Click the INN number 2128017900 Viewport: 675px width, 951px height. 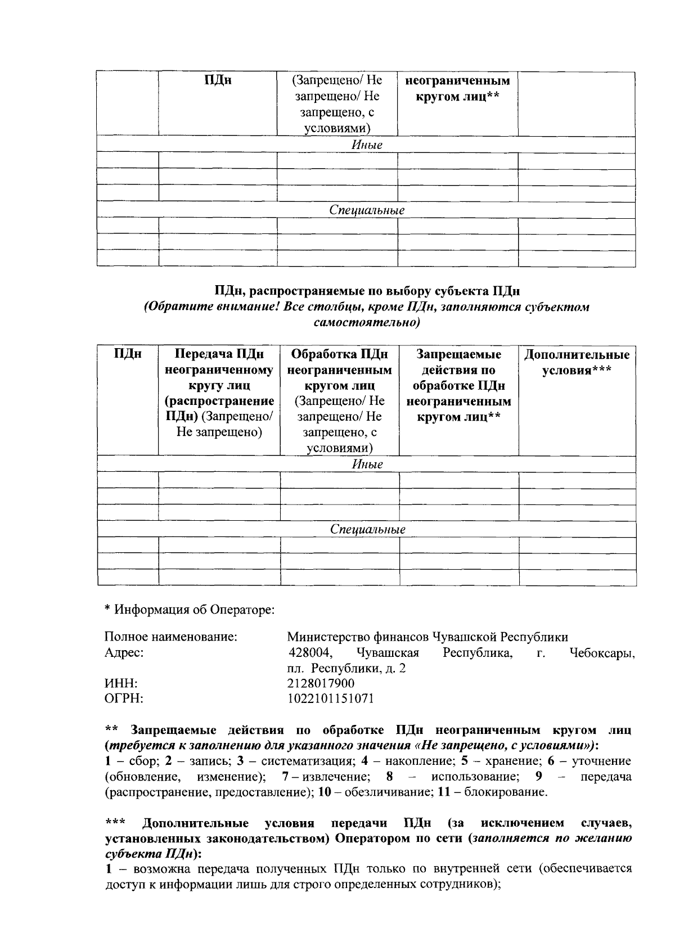coord(321,683)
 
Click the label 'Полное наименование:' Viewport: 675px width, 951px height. coord(170,637)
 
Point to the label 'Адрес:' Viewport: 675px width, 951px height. coord(124,653)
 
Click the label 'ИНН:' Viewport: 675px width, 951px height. coord(121,683)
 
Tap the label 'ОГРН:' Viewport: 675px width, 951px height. coord(124,698)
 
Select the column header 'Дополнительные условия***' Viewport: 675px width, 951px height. coord(577,363)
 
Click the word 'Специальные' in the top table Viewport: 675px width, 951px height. coord(367,210)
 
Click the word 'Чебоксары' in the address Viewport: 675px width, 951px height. coord(602,653)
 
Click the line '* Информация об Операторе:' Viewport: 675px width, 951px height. coord(190,610)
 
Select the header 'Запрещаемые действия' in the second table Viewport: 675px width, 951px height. coord(458,362)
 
